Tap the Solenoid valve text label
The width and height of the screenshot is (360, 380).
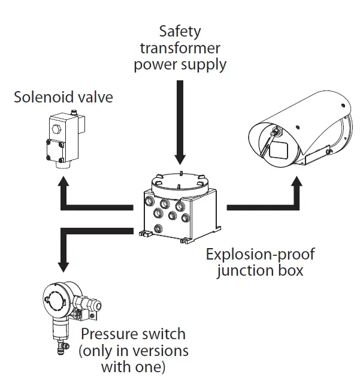[x=63, y=97]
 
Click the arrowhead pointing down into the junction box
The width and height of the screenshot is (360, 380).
[x=179, y=157]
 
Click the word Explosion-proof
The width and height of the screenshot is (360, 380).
[x=259, y=254]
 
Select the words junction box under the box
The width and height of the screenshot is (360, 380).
[x=259, y=270]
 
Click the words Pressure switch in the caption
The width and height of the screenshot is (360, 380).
[x=133, y=334]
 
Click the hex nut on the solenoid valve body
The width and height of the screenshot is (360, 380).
[x=55, y=128]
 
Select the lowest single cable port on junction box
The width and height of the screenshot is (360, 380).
[x=158, y=228]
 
